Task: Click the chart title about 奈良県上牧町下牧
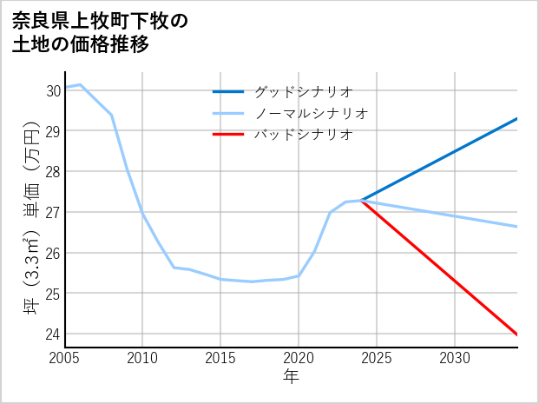pos(100,32)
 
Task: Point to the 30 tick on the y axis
pos(53,90)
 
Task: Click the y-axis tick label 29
pos(53,131)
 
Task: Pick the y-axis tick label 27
pos(53,212)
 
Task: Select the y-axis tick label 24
pos(53,334)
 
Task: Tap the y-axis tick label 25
pos(53,294)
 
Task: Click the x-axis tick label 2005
pos(65,358)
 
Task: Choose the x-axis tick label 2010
pos(142,358)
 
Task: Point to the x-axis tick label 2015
pos(220,358)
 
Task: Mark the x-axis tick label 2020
pos(299,358)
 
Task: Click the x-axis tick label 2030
pos(455,358)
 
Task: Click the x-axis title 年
pos(291,376)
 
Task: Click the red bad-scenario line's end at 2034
pos(517,334)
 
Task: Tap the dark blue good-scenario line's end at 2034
pos(517,118)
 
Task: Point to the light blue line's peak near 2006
pos(81,84)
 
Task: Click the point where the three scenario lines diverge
pos(361,201)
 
